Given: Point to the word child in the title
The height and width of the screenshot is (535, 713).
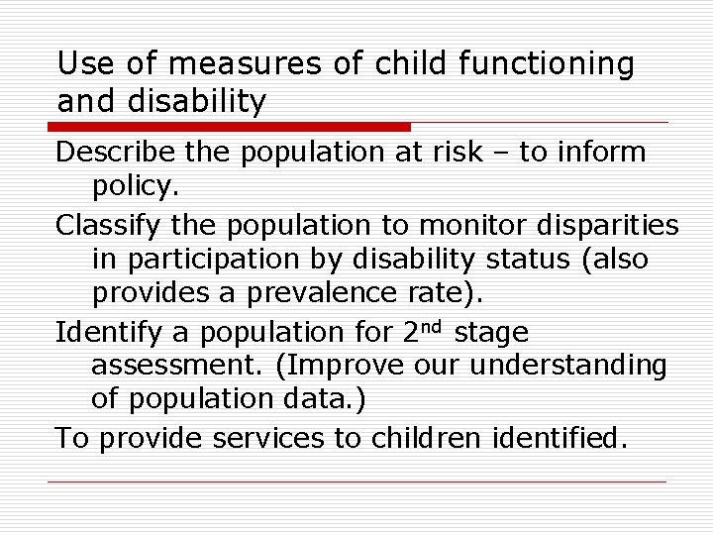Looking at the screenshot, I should tap(407, 64).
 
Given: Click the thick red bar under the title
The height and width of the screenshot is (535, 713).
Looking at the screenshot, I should tap(230, 127).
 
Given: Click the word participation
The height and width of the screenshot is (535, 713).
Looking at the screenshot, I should tap(212, 261).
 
